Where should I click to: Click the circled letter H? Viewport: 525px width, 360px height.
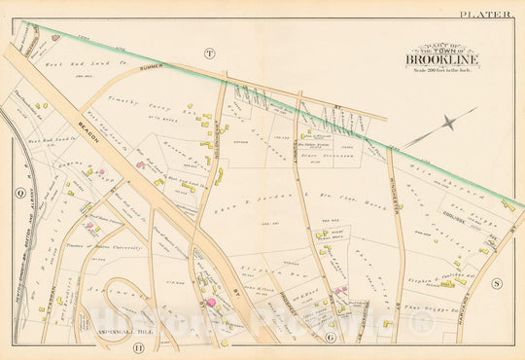pyautogui.click(x=137, y=347)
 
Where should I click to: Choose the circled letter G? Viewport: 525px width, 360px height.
pyautogui.click(x=331, y=338)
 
